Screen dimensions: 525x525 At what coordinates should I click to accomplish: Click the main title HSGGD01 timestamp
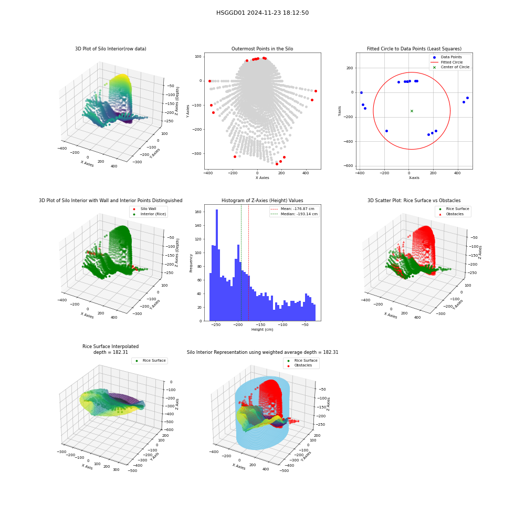(x=262, y=13)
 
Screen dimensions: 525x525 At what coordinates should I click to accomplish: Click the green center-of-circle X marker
(x=412, y=111)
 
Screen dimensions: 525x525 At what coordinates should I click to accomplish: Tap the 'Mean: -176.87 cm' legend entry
(x=292, y=208)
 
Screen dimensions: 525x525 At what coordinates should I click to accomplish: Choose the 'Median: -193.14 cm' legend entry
(x=294, y=214)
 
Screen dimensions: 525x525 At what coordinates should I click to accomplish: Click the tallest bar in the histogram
(x=217, y=265)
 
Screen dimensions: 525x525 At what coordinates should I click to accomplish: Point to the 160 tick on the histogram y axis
(x=198, y=212)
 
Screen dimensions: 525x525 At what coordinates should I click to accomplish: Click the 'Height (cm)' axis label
(x=262, y=330)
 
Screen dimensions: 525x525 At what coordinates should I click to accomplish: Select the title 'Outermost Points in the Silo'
(x=262, y=49)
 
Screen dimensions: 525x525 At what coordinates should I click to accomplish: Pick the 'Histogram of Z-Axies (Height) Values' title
(x=262, y=201)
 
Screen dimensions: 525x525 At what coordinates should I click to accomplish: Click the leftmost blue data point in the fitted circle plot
(x=361, y=93)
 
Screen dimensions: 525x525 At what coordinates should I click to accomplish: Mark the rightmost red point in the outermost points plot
(x=316, y=91)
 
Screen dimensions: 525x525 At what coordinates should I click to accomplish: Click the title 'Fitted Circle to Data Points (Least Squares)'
(x=414, y=49)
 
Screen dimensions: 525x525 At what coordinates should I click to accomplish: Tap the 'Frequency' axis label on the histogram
(x=191, y=263)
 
